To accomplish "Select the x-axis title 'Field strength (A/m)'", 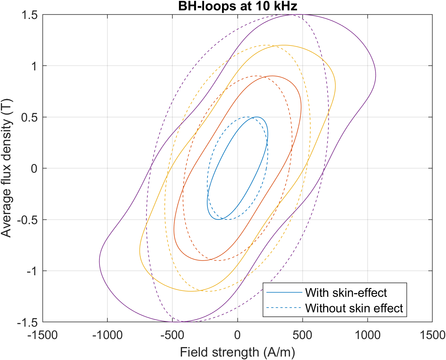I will point(237,352).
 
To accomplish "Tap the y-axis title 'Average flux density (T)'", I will point(6,168).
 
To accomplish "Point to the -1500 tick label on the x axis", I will point(43,335).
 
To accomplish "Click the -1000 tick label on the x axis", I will point(107,335).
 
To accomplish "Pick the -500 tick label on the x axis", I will point(172,335).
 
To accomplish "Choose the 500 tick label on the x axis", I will point(302,335).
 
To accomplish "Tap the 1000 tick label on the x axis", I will point(367,335).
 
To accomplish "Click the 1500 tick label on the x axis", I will point(432,335).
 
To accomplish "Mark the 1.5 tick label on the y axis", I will point(30,15).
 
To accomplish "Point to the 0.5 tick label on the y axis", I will point(30,117).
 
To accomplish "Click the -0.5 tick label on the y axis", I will point(28,220).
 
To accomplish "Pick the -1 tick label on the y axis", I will point(32,271).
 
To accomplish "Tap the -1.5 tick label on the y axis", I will point(28,322).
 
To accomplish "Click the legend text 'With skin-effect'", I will point(346,293).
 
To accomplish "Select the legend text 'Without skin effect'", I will point(354,308).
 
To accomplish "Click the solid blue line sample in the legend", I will point(284,293).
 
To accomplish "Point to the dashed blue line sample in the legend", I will point(284,308).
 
